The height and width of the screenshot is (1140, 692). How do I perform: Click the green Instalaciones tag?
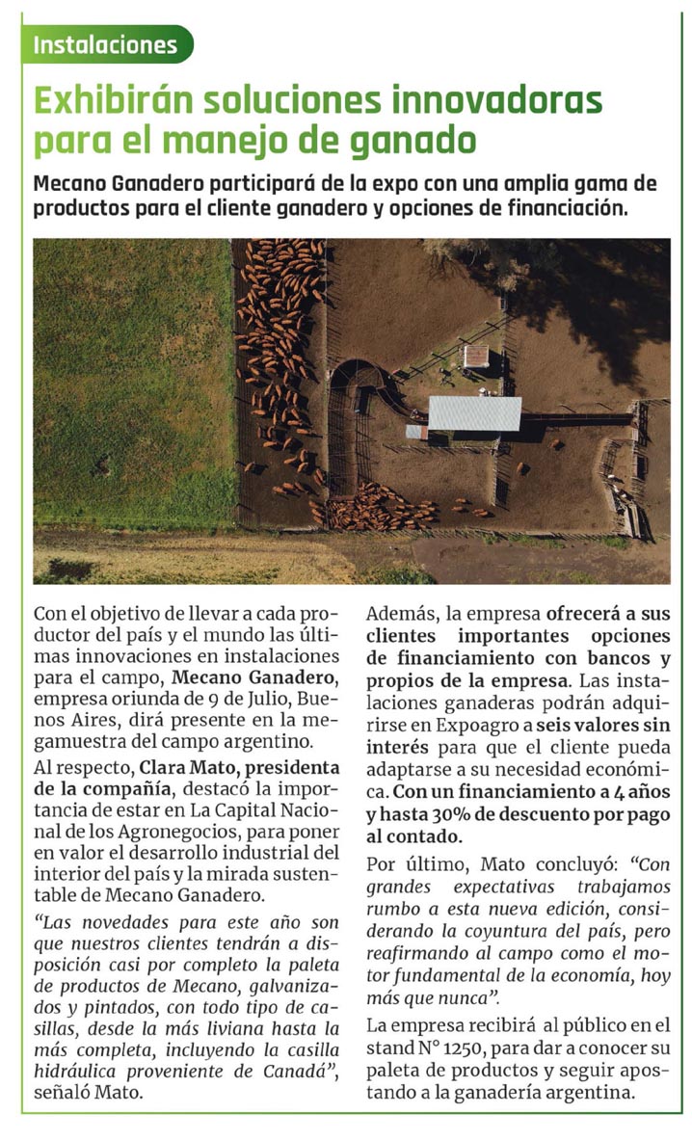[106, 45]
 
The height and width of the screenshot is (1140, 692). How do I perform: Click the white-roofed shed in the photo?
[473, 413]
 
